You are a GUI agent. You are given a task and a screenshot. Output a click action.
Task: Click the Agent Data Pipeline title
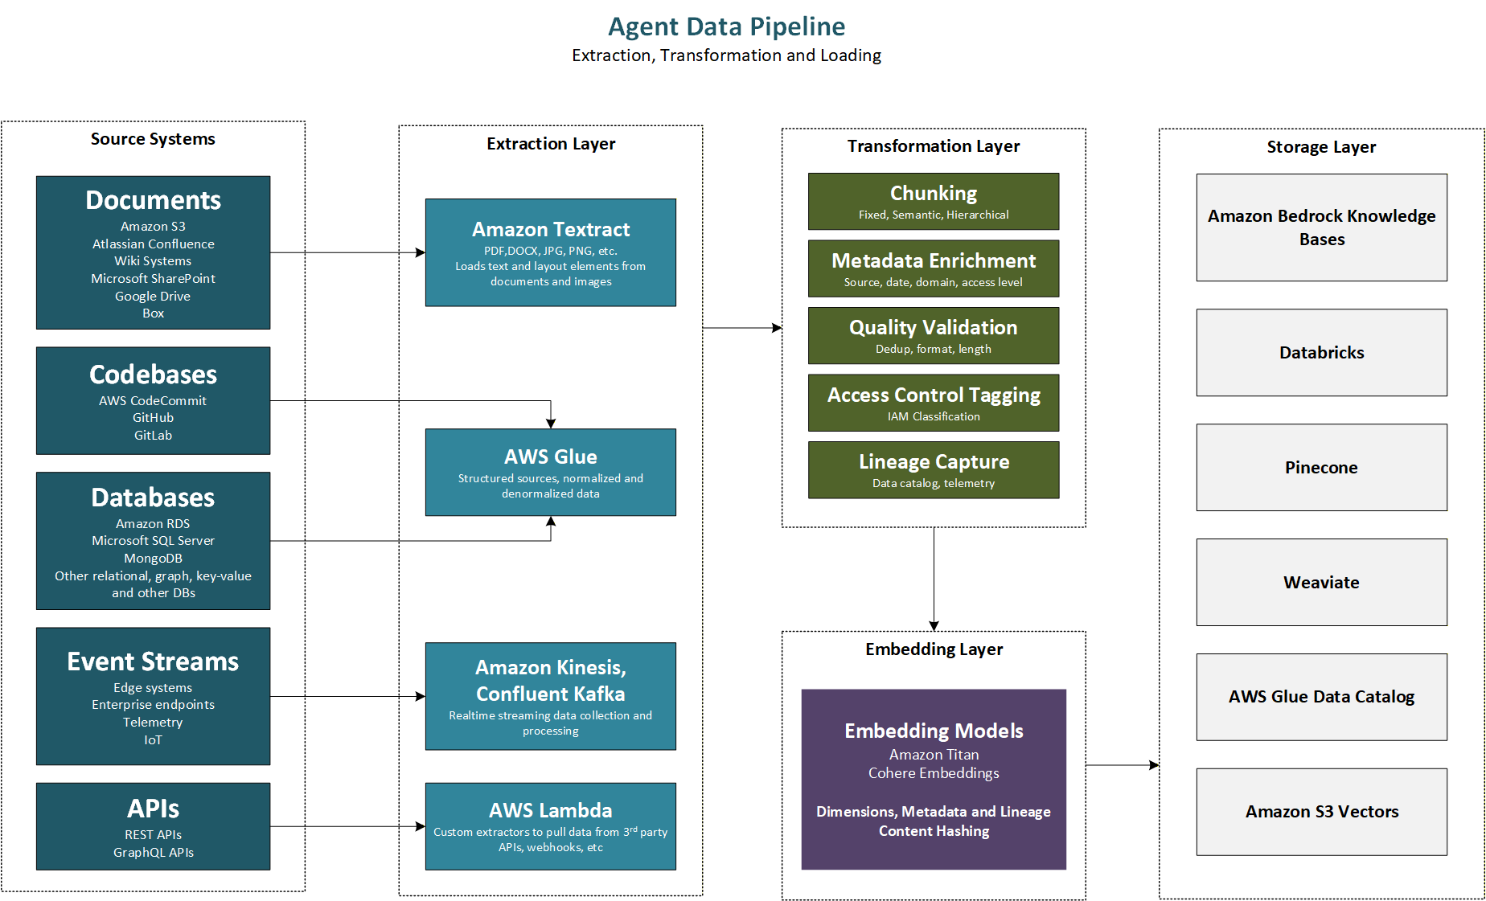pos(726,27)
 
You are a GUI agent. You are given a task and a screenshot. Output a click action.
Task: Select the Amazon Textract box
pos(551,252)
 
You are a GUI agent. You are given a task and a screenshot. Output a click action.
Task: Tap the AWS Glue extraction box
pos(551,472)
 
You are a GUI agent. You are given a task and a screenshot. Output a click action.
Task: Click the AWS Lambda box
pos(551,826)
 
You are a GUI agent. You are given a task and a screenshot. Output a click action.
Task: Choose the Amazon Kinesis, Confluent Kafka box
pos(551,696)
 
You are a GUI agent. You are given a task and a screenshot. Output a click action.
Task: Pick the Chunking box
pos(934,201)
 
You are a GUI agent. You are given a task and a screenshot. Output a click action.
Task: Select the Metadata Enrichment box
pos(934,268)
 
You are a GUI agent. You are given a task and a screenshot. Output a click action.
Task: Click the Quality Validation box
pos(934,335)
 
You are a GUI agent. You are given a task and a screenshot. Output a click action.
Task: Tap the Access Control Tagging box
pos(934,403)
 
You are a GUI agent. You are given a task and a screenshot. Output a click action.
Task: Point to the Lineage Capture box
pos(934,469)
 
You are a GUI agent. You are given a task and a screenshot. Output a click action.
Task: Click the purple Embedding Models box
pos(934,779)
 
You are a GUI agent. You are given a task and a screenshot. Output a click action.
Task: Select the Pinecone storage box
pos(1321,467)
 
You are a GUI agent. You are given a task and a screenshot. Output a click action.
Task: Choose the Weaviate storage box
pos(1321,582)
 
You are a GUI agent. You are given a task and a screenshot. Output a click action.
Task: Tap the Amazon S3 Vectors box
pos(1321,812)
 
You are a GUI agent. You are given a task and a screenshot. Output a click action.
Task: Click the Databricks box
pos(1321,352)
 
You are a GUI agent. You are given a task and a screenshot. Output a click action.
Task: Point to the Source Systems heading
pos(153,139)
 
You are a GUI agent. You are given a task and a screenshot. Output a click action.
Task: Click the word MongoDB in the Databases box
pos(153,558)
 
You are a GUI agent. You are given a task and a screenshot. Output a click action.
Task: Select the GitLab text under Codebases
pos(153,435)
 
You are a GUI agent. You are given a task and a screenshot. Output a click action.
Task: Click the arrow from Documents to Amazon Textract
pos(347,252)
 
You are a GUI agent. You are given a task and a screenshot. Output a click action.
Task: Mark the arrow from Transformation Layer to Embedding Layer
pos(934,579)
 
